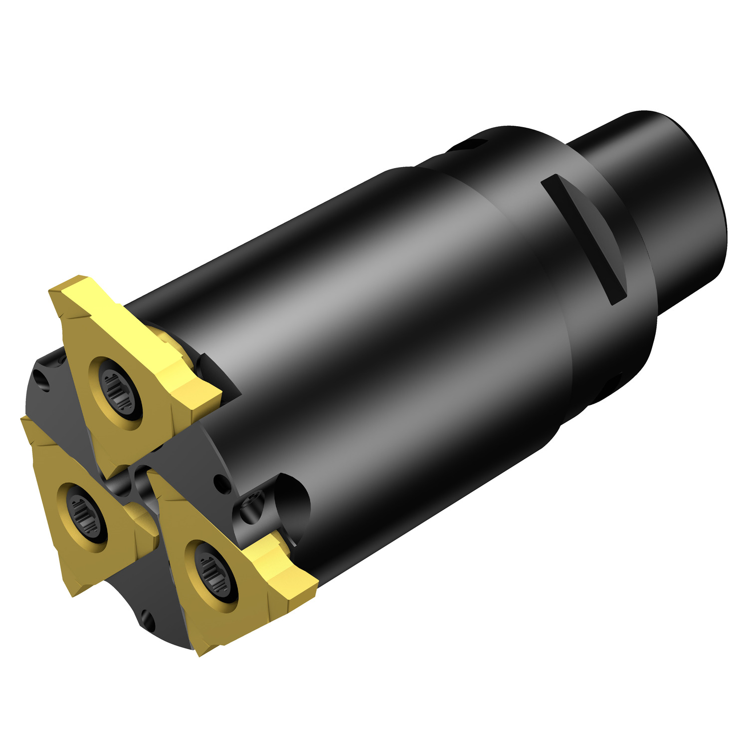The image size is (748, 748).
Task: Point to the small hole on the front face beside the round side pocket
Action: click(x=218, y=482)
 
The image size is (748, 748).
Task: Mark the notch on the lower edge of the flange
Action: click(x=613, y=384)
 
